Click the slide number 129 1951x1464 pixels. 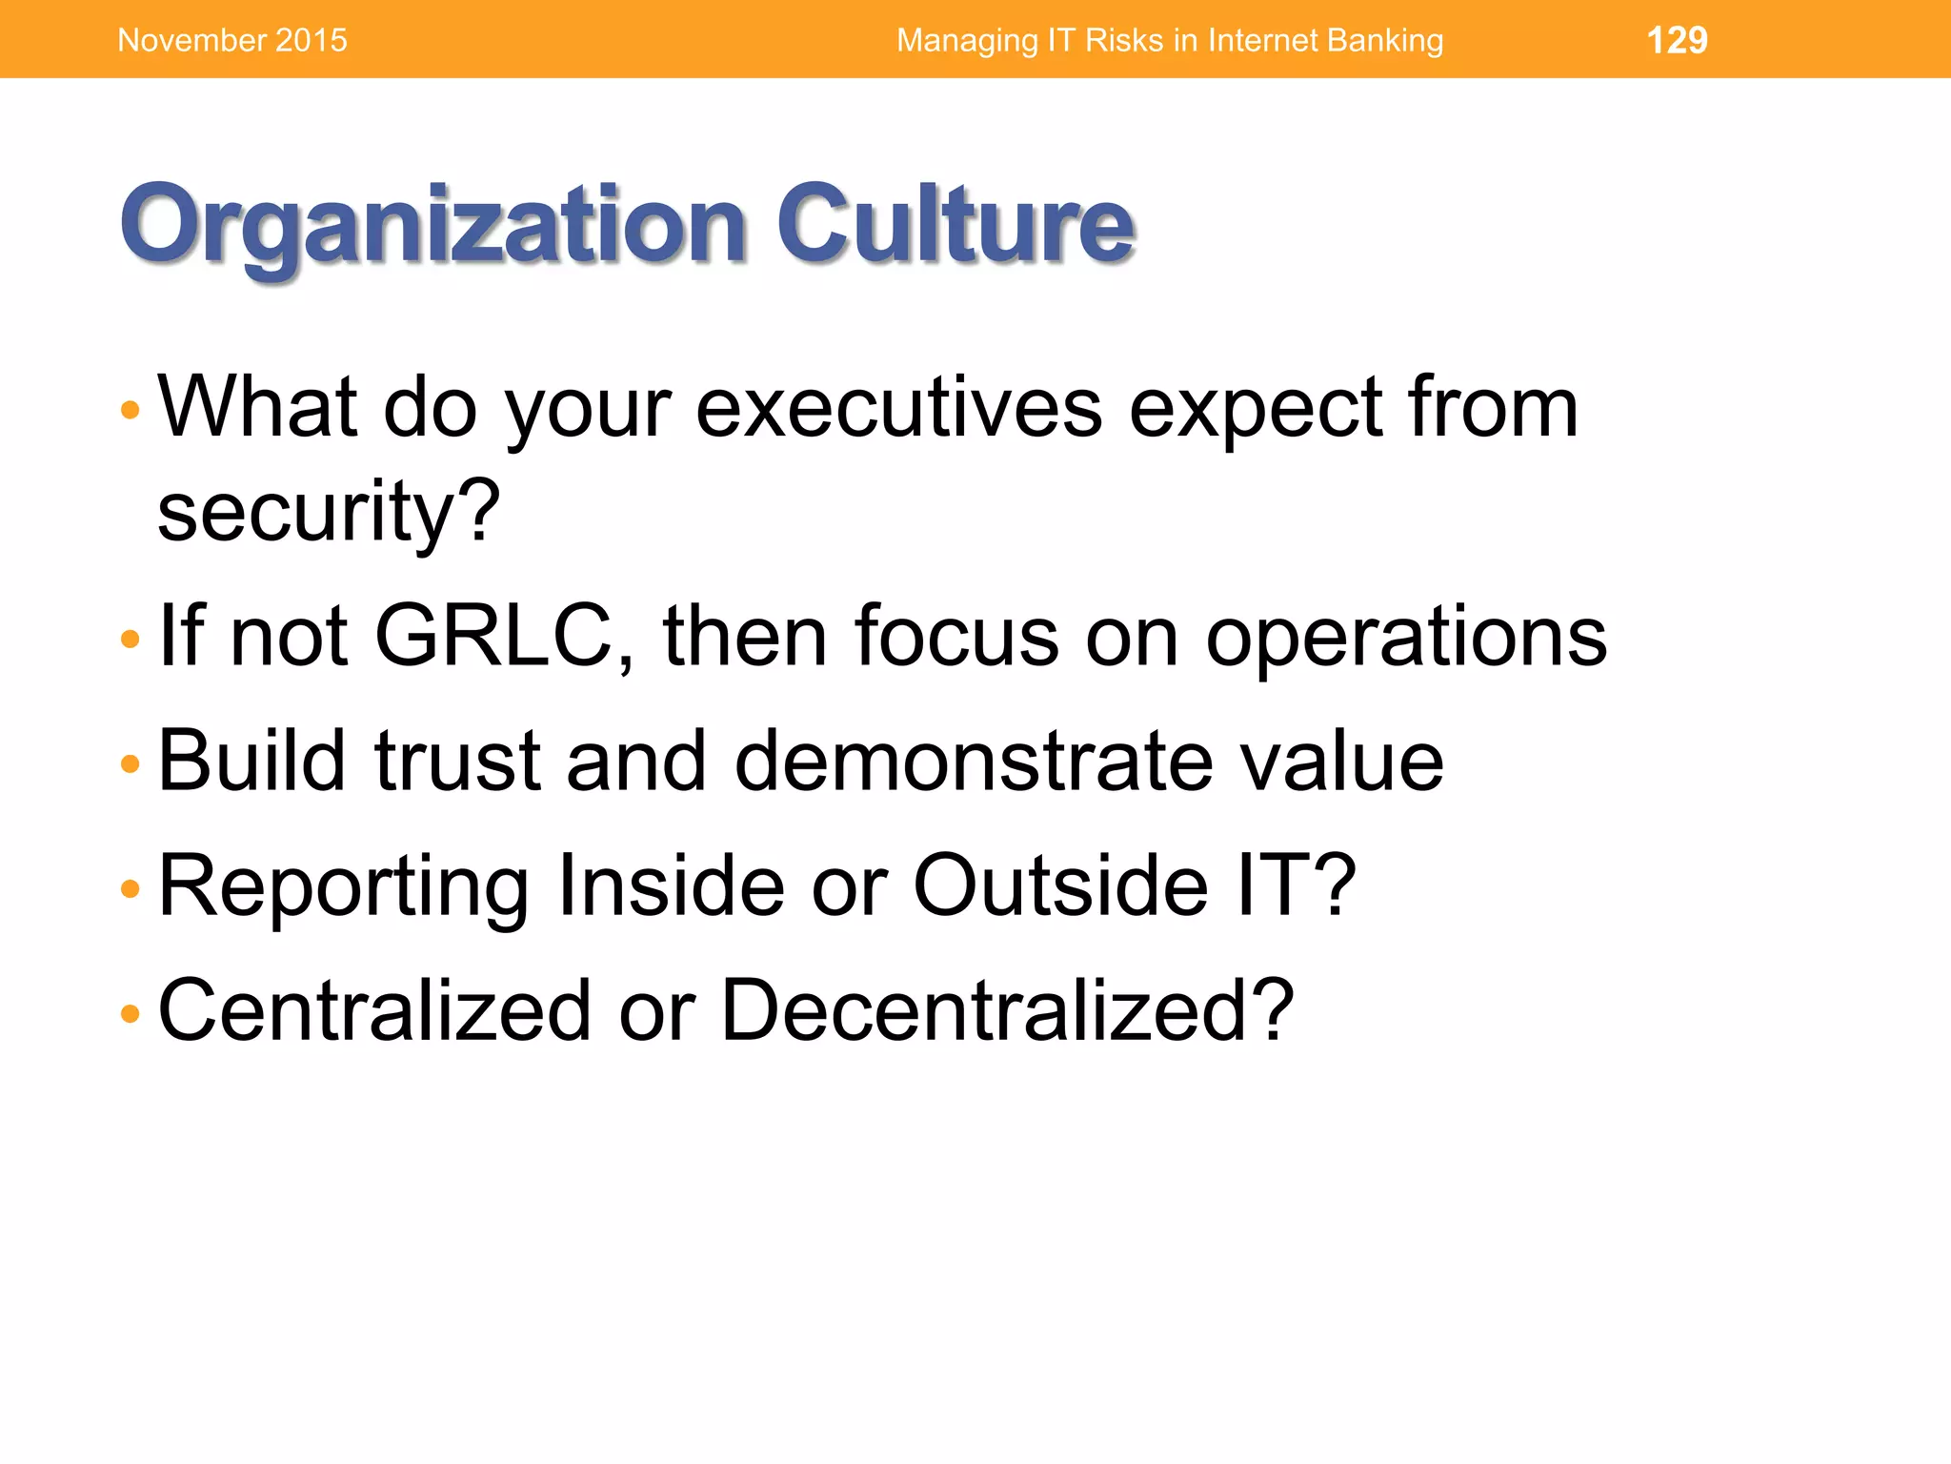click(x=1677, y=40)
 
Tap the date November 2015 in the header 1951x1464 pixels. click(x=232, y=40)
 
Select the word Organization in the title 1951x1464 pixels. click(x=432, y=225)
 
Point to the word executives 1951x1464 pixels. click(x=898, y=408)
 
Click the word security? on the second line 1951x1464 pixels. click(x=329, y=513)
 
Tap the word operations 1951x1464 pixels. click(x=1406, y=637)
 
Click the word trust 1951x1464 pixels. click(x=458, y=761)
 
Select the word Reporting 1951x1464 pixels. click(x=343, y=886)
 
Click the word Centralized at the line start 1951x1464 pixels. click(x=373, y=1010)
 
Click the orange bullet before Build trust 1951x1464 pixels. click(x=131, y=763)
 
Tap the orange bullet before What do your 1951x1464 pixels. click(x=131, y=411)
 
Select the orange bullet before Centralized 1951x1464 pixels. click(x=131, y=1013)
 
